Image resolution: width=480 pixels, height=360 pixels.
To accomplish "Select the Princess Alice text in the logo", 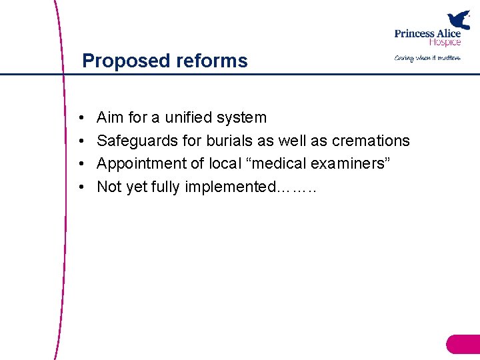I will pyautogui.click(x=427, y=34).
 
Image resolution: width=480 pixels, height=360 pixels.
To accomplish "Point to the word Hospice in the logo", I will pyautogui.click(x=445, y=42).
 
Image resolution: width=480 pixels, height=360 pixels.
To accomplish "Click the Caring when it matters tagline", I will pyautogui.click(x=427, y=58).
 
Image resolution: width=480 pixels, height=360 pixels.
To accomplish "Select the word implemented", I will pyautogui.click(x=229, y=187).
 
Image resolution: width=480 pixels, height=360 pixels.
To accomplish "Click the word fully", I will pyautogui.click(x=165, y=187).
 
